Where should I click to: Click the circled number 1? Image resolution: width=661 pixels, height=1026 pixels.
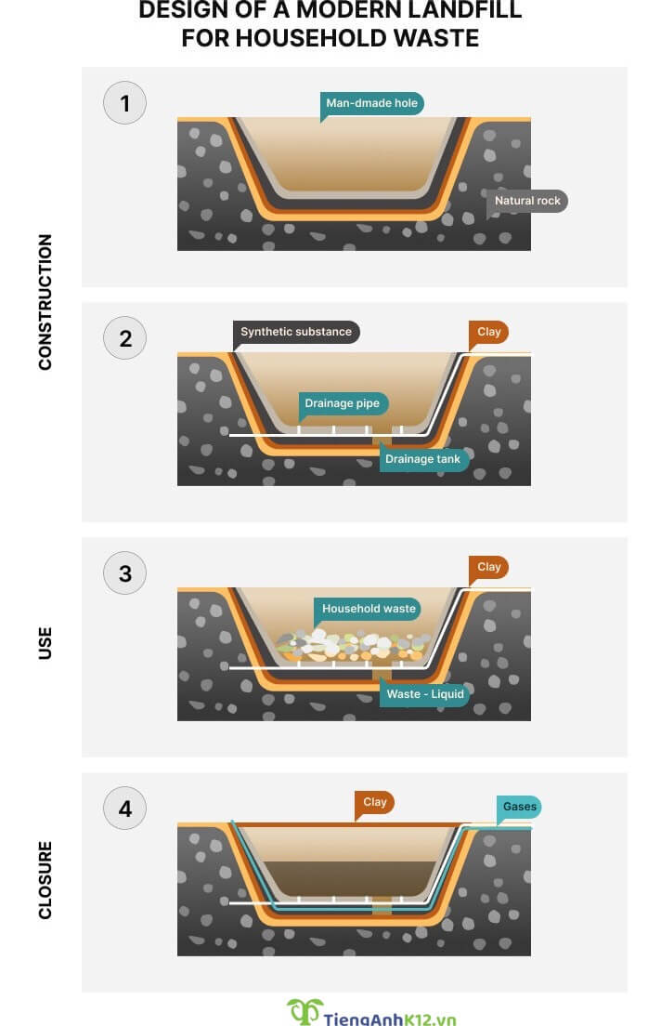pyautogui.click(x=125, y=103)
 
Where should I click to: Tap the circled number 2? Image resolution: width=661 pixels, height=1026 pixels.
pyautogui.click(x=125, y=338)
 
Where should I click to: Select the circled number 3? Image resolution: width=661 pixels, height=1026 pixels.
pyautogui.click(x=125, y=573)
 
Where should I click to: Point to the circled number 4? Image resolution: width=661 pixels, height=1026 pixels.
pyautogui.click(x=125, y=809)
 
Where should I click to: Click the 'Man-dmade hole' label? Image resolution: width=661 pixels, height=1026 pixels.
pyautogui.click(x=371, y=103)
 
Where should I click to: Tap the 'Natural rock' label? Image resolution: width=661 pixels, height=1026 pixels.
pyautogui.click(x=527, y=201)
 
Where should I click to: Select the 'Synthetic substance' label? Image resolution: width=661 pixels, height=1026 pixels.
pyautogui.click(x=296, y=332)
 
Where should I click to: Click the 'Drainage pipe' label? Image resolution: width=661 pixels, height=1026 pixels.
pyautogui.click(x=343, y=403)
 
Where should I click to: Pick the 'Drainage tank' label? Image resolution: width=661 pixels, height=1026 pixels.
pyautogui.click(x=423, y=459)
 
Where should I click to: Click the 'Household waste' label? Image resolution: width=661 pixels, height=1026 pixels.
pyautogui.click(x=368, y=609)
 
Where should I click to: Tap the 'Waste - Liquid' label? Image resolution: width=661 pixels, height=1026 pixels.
pyautogui.click(x=425, y=693)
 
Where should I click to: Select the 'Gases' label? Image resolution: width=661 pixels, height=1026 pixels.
pyautogui.click(x=519, y=807)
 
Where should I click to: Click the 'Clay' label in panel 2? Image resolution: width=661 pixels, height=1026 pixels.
pyautogui.click(x=489, y=332)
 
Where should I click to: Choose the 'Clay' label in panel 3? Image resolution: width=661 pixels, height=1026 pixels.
pyautogui.click(x=489, y=567)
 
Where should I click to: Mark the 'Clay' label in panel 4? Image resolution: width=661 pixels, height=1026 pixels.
pyautogui.click(x=375, y=802)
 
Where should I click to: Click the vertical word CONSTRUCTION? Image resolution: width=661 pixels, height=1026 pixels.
pyautogui.click(x=45, y=302)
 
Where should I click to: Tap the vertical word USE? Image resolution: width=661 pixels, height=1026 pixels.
pyautogui.click(x=45, y=643)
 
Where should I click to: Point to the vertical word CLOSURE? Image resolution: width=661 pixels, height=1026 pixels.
pyautogui.click(x=45, y=880)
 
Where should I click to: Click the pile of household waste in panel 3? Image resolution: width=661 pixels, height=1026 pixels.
pyautogui.click(x=353, y=645)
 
